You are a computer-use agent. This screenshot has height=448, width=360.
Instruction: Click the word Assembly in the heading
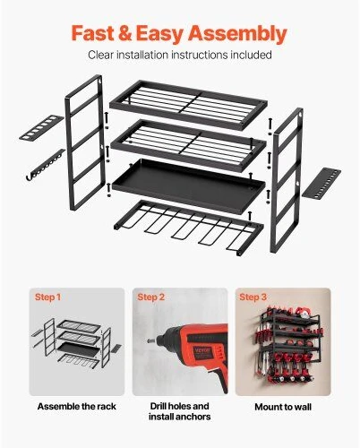(x=237, y=34)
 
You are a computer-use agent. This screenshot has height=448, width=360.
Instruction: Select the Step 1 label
(x=47, y=297)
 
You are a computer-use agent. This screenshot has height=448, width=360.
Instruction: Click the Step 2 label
(x=151, y=297)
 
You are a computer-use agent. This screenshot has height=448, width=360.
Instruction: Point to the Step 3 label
(x=253, y=297)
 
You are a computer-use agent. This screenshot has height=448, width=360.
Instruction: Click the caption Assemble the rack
(x=77, y=407)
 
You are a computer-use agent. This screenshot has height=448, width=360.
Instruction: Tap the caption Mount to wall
(x=283, y=407)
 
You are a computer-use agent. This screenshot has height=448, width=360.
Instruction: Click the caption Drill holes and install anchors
(x=179, y=411)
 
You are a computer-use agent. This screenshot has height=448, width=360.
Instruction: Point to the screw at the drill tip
(x=150, y=340)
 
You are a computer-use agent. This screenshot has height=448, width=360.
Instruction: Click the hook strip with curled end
(x=45, y=165)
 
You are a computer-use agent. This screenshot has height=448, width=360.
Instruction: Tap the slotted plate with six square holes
(x=41, y=128)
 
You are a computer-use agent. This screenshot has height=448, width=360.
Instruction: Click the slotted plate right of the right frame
(x=321, y=183)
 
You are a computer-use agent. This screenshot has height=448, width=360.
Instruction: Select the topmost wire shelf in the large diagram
(x=188, y=104)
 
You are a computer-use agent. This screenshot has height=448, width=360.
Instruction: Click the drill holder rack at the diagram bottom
(x=189, y=227)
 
